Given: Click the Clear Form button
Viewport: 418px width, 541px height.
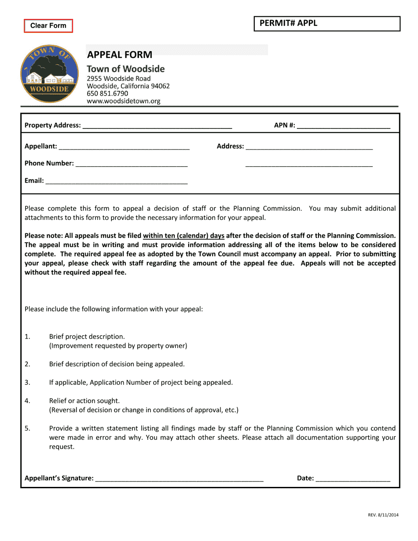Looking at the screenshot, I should click(48, 26).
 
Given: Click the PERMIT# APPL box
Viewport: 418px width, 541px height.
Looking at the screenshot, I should click(327, 24).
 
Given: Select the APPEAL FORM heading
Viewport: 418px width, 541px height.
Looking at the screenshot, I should click(120, 55).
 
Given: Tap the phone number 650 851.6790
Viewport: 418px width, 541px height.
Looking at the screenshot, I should click(107, 93).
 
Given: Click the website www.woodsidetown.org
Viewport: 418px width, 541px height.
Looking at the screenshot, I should click(123, 101).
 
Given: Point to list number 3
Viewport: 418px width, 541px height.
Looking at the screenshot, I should click(27, 382).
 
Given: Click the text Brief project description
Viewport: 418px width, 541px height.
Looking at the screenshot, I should click(87, 336).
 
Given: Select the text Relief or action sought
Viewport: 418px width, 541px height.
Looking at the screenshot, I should click(84, 401).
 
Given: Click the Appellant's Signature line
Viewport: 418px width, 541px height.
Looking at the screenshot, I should click(179, 478).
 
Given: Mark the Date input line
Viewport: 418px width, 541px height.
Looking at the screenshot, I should click(353, 478).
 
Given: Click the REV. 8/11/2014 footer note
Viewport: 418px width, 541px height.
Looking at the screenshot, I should click(383, 515).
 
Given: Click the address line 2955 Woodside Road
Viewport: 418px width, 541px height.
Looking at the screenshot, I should click(118, 78).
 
